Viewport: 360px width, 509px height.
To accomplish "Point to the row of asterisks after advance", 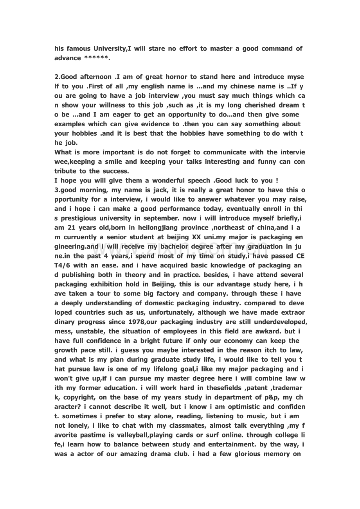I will click(97, 58).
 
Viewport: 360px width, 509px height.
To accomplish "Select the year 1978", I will click(138, 322).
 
